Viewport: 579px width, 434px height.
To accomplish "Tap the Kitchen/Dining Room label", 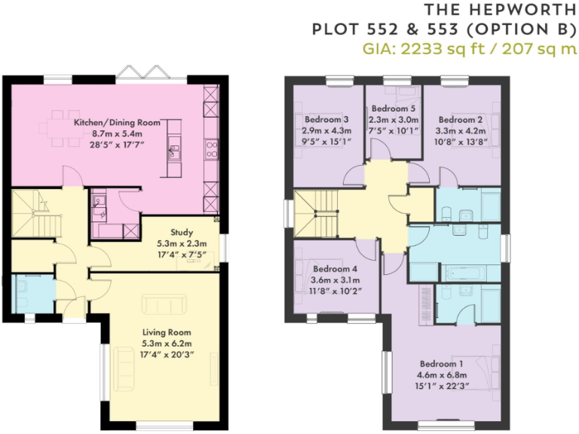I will click(x=117, y=122).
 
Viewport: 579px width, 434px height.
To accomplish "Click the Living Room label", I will click(x=167, y=332).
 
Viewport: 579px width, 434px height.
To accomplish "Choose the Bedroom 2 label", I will click(x=460, y=120).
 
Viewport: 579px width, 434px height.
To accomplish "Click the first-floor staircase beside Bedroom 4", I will click(x=311, y=212).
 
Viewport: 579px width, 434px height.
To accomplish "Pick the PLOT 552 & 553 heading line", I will click(x=445, y=30).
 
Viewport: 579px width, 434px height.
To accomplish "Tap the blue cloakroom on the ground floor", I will click(x=32, y=294).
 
